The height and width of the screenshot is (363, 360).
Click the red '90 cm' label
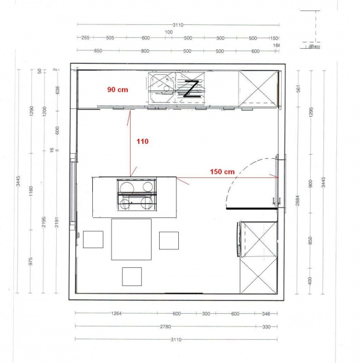[x=117, y=90]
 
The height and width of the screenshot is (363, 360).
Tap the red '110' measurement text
[x=142, y=141]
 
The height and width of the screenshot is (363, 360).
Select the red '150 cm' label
[x=222, y=172]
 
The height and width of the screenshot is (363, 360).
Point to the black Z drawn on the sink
[x=190, y=89]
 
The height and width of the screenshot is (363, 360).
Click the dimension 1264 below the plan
[x=117, y=314]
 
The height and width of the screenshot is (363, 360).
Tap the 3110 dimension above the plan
[x=178, y=25]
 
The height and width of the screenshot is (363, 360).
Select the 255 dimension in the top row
[x=85, y=38]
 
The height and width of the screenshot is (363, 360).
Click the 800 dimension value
[x=145, y=51]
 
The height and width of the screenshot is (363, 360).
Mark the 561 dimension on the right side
[x=297, y=88]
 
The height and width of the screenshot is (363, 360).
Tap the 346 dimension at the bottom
[x=266, y=314]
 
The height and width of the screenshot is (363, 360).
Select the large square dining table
[x=131, y=239]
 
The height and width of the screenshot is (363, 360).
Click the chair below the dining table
[x=132, y=276]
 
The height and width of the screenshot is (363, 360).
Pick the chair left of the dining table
[x=93, y=239]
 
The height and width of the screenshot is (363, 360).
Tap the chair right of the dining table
[x=168, y=240]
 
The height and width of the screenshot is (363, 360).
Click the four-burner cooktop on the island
[x=136, y=194]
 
